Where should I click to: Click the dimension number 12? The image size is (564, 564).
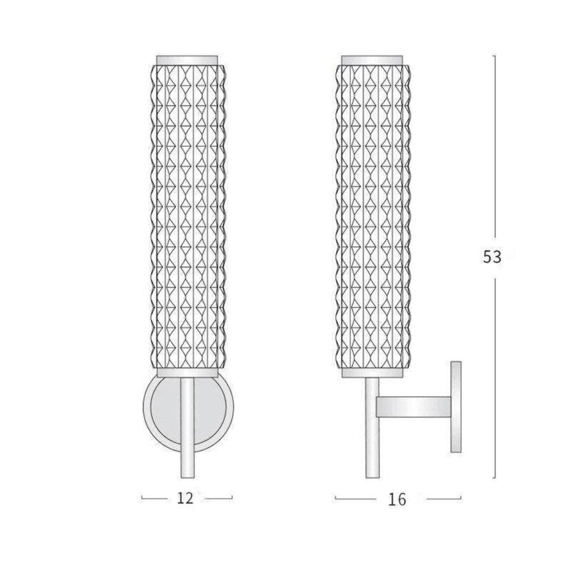185,498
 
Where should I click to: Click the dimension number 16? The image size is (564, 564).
397,499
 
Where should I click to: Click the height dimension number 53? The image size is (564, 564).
492,257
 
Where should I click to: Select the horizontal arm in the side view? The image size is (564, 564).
413,407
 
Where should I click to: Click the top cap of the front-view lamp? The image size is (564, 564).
187,60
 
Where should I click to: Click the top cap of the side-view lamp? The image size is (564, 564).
372,60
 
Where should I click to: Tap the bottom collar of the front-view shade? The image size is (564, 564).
187,372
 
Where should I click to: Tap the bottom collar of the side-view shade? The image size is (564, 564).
372,372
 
